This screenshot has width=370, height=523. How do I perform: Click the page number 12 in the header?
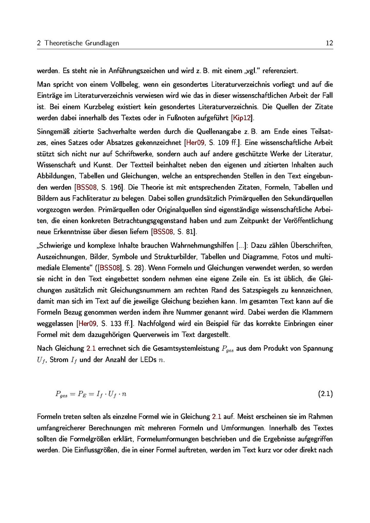click(x=329, y=43)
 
